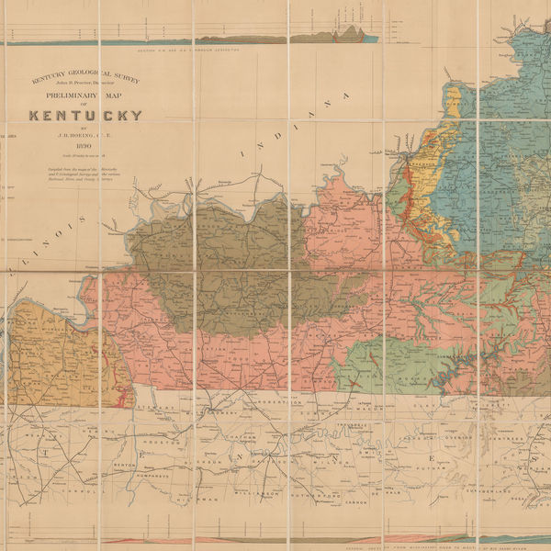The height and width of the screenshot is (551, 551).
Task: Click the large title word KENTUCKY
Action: click(x=85, y=116)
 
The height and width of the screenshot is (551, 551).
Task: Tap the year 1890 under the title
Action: click(x=82, y=146)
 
